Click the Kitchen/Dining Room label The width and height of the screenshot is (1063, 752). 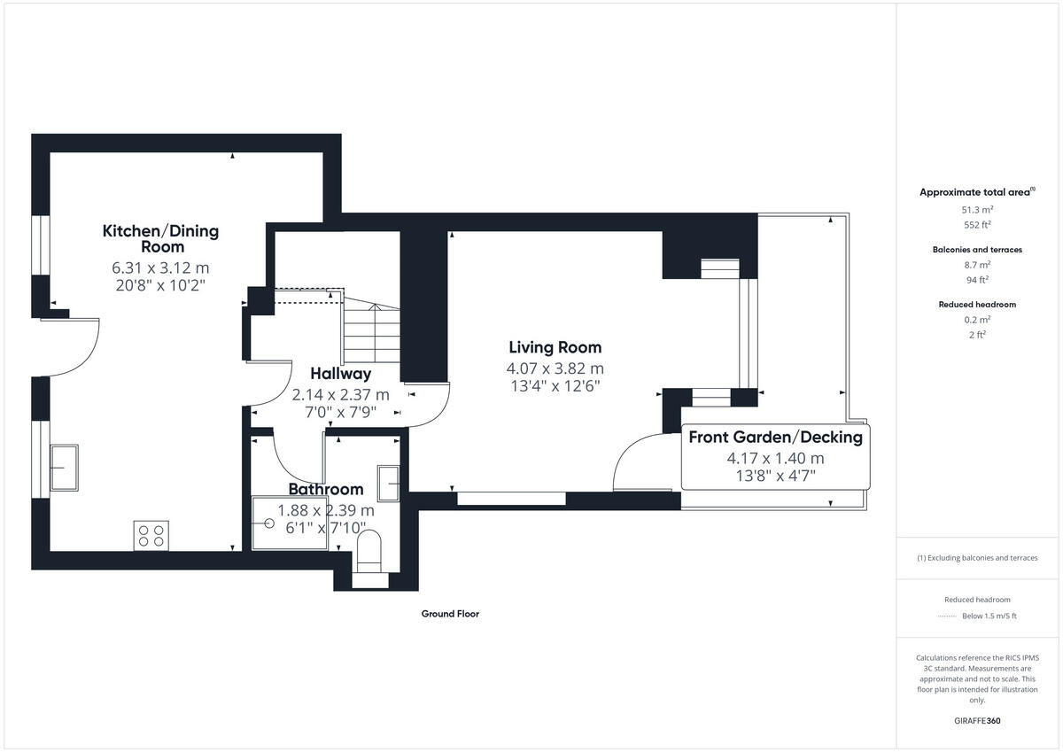pyautogui.click(x=160, y=239)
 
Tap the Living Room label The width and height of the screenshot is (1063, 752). pyautogui.click(x=555, y=347)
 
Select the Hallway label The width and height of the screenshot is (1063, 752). pyautogui.click(x=340, y=374)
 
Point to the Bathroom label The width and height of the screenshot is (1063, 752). pyautogui.click(x=326, y=489)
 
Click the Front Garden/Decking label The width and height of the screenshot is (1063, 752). pyautogui.click(x=775, y=437)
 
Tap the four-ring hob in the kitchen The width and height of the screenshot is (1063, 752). pyautogui.click(x=151, y=535)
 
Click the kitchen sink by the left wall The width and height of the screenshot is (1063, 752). pyautogui.click(x=64, y=467)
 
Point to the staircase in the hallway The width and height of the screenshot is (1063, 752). pyautogui.click(x=372, y=337)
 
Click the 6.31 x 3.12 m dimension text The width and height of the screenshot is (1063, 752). pyautogui.click(x=160, y=267)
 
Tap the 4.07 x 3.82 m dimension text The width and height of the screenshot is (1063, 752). pyautogui.click(x=555, y=368)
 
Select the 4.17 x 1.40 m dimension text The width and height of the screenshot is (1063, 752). pyautogui.click(x=775, y=459)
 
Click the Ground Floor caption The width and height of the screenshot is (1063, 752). pyautogui.click(x=450, y=614)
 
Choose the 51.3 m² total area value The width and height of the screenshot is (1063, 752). pyautogui.click(x=977, y=209)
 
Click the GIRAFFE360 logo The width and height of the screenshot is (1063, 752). pyautogui.click(x=977, y=721)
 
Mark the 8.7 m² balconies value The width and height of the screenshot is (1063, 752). pyautogui.click(x=977, y=264)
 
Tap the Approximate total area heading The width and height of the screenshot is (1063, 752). pyautogui.click(x=976, y=191)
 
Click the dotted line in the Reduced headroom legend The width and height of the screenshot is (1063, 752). pyautogui.click(x=947, y=616)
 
